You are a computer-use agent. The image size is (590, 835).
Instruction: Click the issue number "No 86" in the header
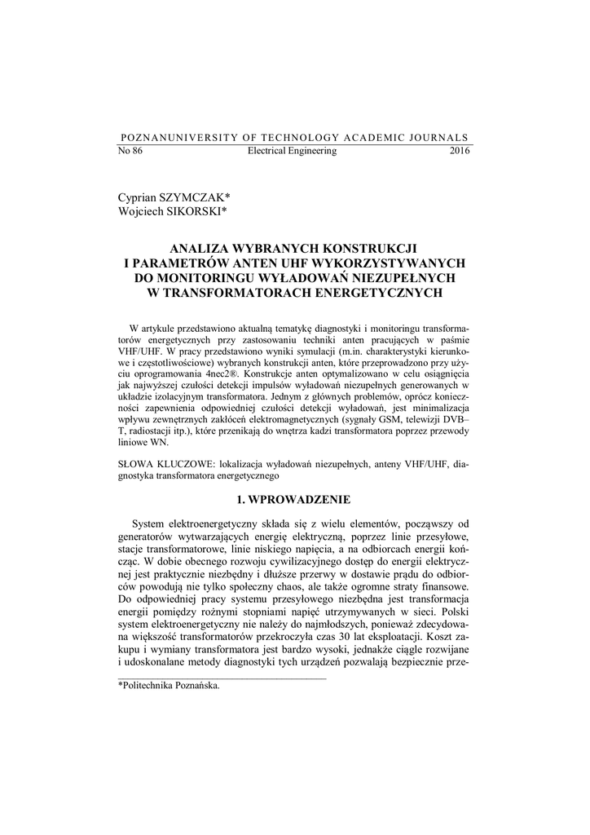tap(130, 151)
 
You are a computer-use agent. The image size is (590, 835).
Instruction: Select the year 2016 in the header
tap(460, 151)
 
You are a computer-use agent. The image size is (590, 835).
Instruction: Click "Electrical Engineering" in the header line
tap(292, 151)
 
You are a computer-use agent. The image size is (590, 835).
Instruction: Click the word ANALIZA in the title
tap(201, 248)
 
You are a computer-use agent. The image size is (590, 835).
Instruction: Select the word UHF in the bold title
tap(297, 263)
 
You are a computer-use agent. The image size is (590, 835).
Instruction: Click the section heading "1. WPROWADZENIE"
tap(294, 497)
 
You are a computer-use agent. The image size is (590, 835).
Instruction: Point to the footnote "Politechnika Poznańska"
tap(171, 685)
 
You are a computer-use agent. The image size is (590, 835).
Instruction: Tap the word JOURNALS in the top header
tap(441, 137)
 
